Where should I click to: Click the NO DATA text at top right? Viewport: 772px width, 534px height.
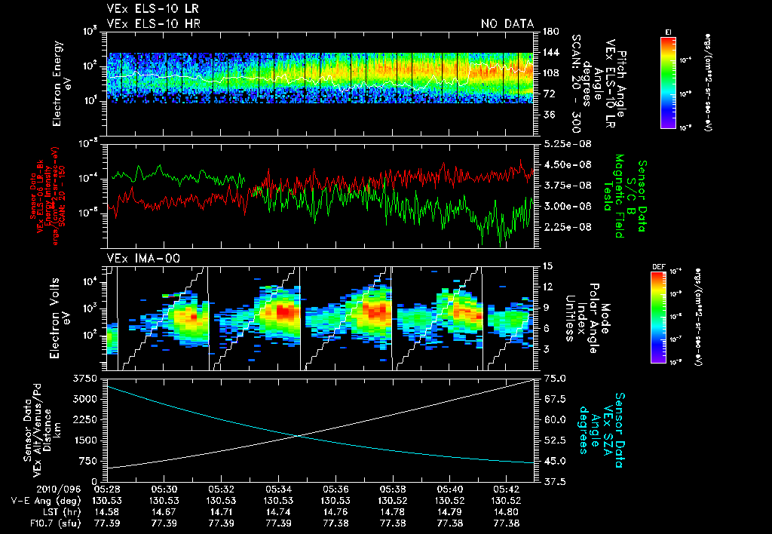(x=507, y=23)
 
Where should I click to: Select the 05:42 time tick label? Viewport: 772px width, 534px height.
(x=505, y=489)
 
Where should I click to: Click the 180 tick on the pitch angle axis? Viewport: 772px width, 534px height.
(x=549, y=32)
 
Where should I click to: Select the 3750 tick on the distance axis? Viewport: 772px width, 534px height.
(x=87, y=377)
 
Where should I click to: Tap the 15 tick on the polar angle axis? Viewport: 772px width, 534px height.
(x=547, y=266)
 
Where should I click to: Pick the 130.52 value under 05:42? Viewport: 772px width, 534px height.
(x=505, y=500)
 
